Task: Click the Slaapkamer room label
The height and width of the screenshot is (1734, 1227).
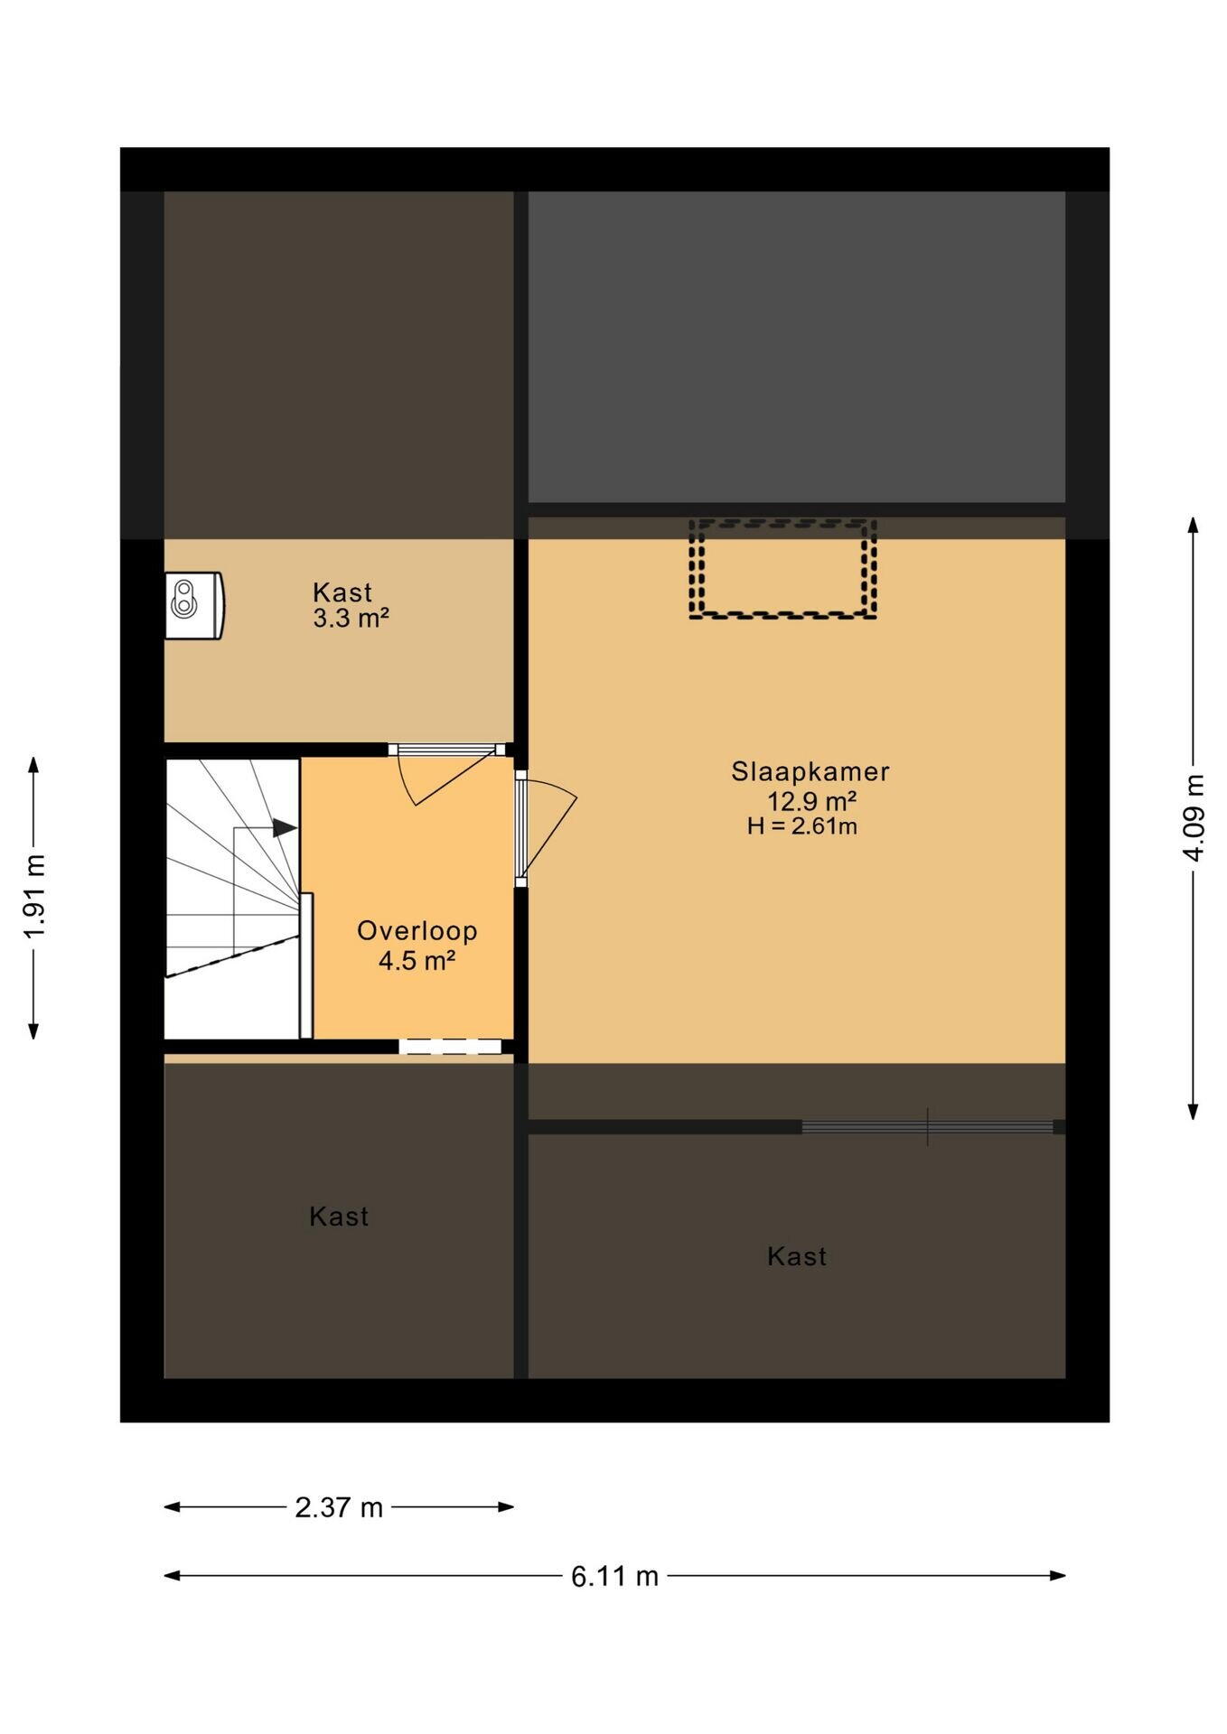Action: (810, 771)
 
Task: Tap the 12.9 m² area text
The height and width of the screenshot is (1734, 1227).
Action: (811, 800)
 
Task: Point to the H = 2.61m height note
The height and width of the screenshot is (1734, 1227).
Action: (802, 825)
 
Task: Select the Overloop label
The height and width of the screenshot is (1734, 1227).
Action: (417, 931)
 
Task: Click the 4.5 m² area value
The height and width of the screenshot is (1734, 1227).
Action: (416, 960)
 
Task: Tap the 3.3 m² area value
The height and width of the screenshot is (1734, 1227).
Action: (351, 619)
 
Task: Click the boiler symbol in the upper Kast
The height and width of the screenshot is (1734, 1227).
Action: (194, 605)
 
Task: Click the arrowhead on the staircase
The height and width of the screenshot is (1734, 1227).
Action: (286, 827)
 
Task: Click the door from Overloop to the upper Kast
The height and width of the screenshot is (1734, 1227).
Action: (446, 773)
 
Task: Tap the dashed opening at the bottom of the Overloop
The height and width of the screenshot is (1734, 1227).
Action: (450, 1047)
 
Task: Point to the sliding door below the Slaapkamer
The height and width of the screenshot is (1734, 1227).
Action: (928, 1126)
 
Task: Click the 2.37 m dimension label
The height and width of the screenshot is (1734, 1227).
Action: (339, 1507)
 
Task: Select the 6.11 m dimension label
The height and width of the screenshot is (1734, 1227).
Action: (614, 1576)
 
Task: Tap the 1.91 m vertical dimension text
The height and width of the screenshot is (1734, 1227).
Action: (34, 897)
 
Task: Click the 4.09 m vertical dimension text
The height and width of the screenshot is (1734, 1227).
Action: (1194, 818)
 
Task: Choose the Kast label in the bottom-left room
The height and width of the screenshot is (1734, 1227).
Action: (339, 1217)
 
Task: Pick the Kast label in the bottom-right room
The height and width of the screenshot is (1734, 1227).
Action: (797, 1256)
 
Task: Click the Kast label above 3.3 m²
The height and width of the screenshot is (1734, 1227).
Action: (342, 592)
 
